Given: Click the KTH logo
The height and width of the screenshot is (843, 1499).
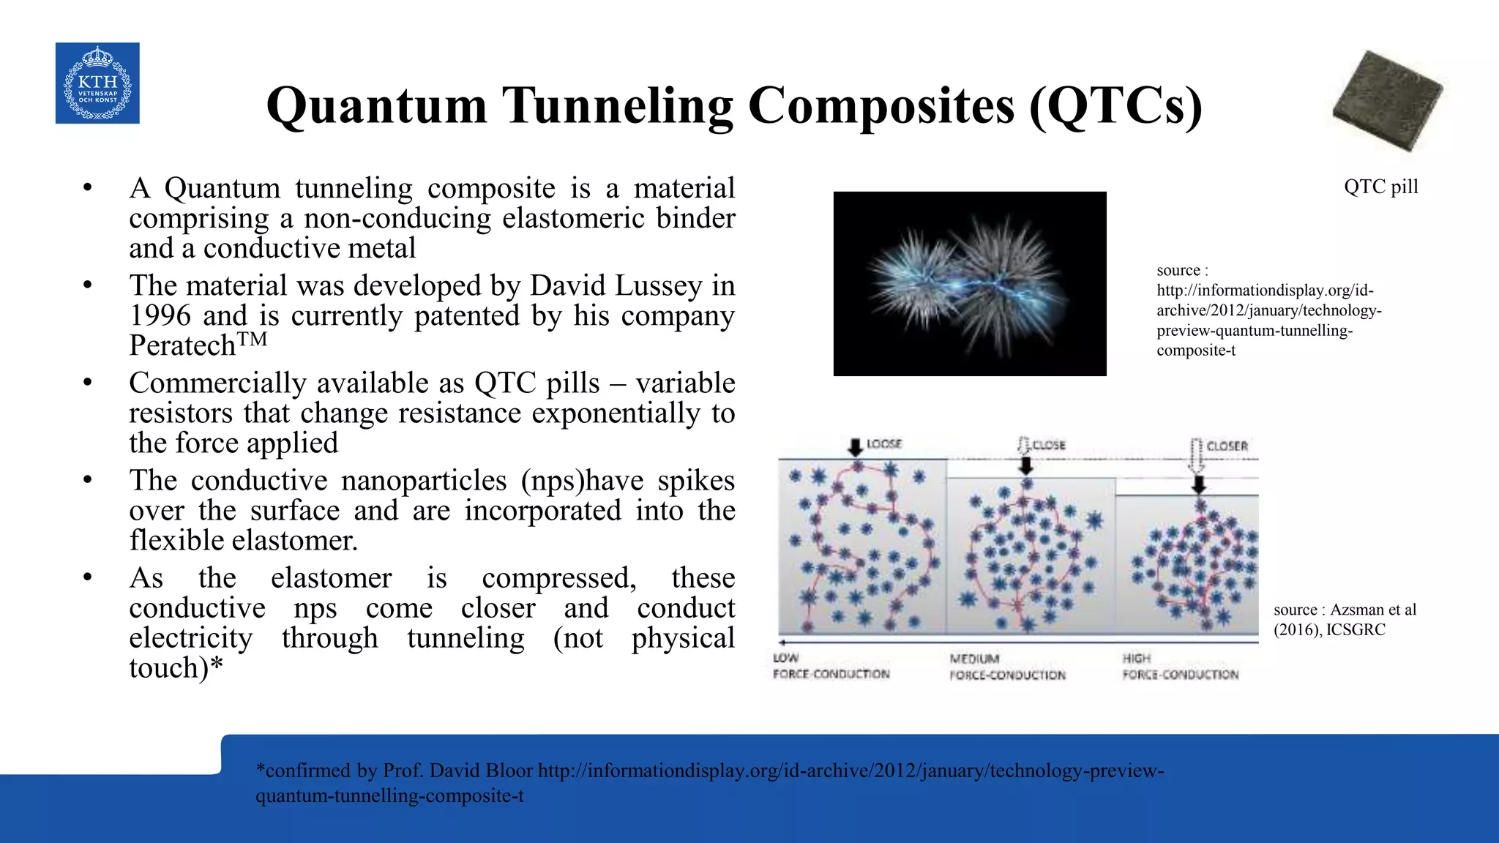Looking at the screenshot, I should point(97,83).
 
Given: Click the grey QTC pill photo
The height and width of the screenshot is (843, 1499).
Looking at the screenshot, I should point(1386,100).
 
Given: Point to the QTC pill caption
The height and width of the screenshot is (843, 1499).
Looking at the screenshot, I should point(1380,187).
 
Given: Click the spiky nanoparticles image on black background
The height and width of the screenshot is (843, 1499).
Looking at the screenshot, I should point(970,284).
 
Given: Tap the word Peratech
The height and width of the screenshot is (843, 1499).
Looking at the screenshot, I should point(182,346).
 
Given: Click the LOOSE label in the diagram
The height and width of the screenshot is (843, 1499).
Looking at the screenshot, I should point(884,444).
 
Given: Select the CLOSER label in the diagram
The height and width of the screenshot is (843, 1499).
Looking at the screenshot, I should point(1227,446).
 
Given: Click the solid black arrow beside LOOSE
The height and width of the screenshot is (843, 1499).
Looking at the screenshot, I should point(855,446).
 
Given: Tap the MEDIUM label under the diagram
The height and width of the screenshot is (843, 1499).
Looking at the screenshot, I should point(974,659).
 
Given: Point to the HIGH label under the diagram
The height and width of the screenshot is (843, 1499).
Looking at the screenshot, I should point(1137,659).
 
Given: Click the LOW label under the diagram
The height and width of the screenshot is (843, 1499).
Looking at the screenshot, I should point(785,658).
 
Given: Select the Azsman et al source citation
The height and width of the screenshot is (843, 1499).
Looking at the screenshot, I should point(1345,619).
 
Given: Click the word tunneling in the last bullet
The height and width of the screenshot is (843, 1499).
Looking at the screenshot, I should point(466,638).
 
